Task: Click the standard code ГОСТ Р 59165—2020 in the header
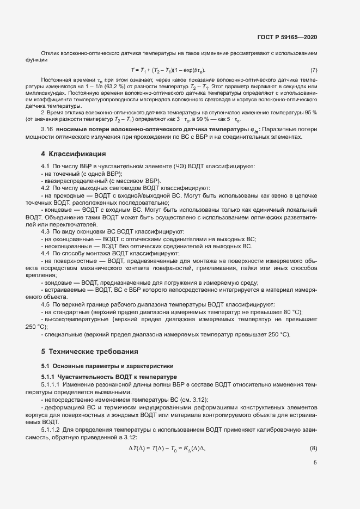coord(287,37)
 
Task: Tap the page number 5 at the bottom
coord(315,464)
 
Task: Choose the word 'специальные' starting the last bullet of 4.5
coord(62,334)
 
